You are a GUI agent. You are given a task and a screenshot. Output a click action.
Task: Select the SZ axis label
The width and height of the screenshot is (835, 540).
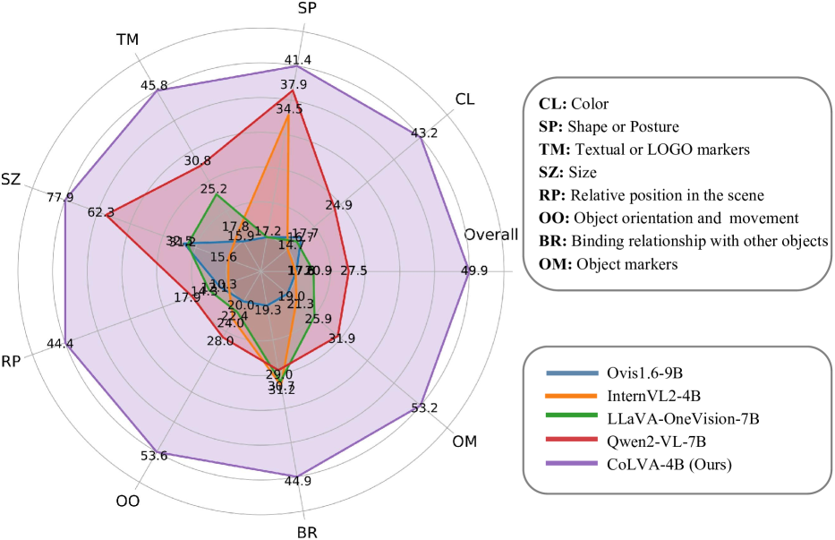coord(12,179)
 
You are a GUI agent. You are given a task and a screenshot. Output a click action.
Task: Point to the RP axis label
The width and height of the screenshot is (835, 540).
coord(13,361)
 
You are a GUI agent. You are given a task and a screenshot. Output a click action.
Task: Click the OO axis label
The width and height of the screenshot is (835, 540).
coord(128,501)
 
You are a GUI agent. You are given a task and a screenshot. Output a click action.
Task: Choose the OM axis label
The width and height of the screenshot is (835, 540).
coord(465,441)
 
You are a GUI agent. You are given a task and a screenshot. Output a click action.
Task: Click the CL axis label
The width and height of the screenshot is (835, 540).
coord(466,99)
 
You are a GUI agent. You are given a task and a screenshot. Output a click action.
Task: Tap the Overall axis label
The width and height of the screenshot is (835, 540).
coord(490,235)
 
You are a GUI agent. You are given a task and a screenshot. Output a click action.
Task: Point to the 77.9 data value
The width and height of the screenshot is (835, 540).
coord(60,198)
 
